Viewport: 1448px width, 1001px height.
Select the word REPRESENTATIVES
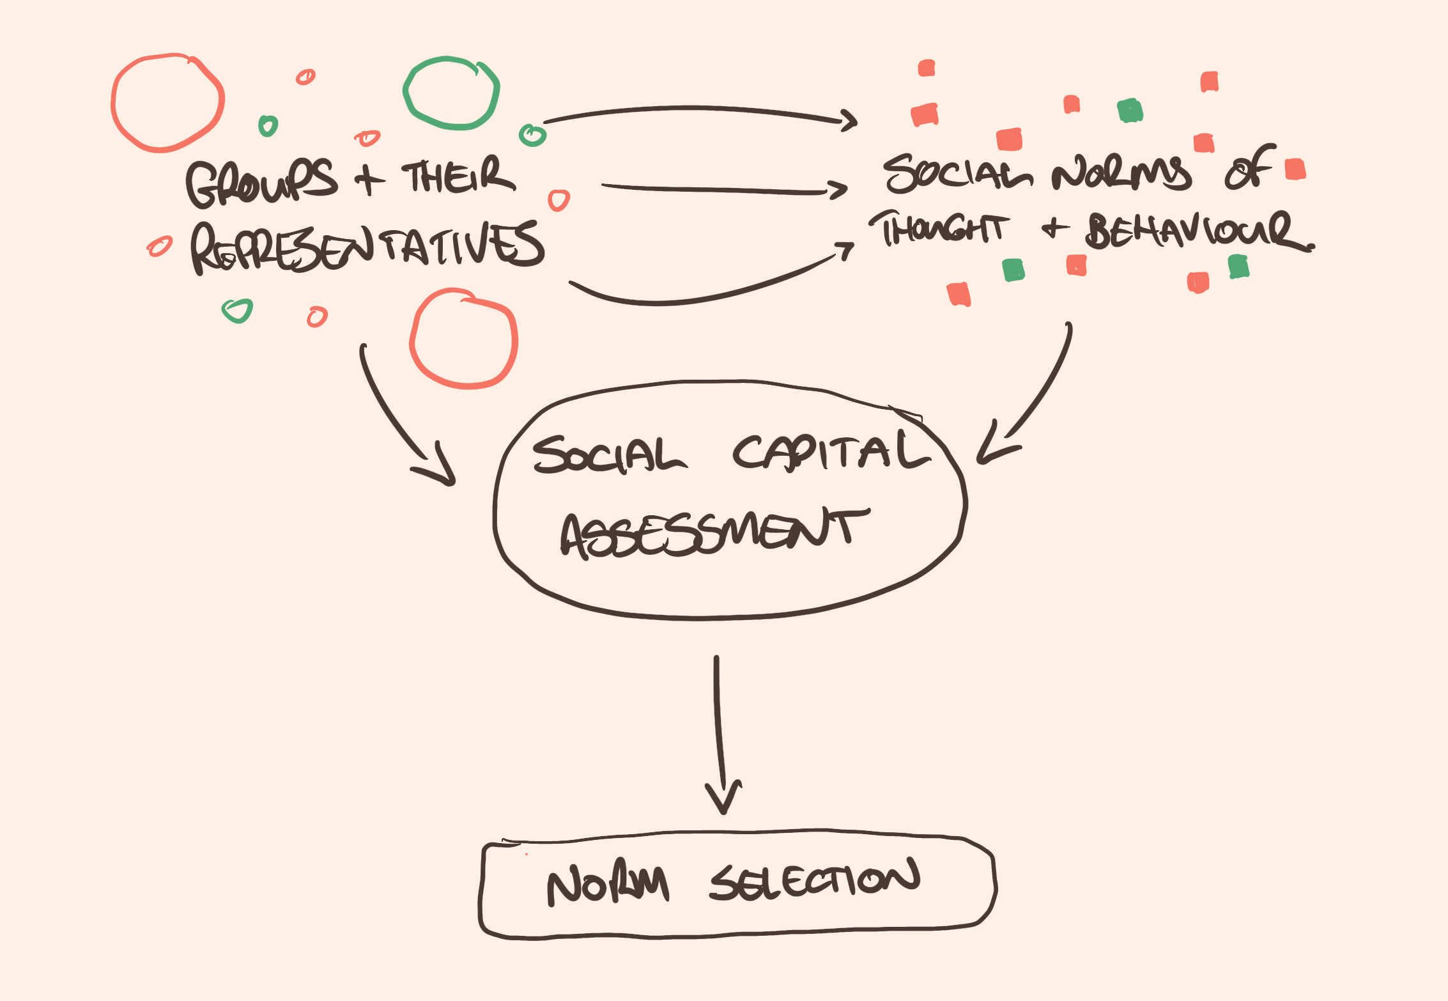367,248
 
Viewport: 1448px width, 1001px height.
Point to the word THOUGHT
939,228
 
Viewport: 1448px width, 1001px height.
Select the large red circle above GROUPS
167,103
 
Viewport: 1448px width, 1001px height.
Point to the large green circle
451,93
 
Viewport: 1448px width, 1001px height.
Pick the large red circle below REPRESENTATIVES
463,339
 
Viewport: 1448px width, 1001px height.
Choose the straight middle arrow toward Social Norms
722,189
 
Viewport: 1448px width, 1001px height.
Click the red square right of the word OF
1295,169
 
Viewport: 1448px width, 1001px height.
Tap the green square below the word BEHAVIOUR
1238,267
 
